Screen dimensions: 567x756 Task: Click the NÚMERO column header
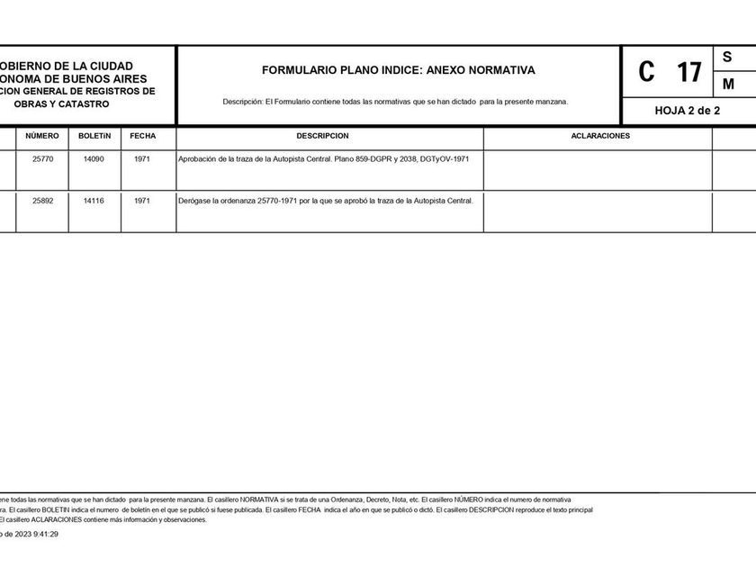point(42,136)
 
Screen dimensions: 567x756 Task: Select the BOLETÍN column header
point(94,136)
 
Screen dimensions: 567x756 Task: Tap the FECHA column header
point(142,136)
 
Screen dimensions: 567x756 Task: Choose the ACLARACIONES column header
point(600,136)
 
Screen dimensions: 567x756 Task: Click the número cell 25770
point(42,158)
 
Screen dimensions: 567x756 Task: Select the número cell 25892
point(42,201)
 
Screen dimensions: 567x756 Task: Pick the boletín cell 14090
point(94,158)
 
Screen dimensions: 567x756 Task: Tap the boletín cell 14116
point(94,201)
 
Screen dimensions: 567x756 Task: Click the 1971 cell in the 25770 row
point(142,158)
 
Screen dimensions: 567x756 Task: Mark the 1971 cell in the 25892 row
point(142,201)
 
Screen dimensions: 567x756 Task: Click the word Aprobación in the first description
point(200,158)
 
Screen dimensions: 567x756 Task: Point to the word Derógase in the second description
point(197,201)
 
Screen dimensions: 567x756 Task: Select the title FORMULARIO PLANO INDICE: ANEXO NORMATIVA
point(398,69)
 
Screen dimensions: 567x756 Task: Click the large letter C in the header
point(646,72)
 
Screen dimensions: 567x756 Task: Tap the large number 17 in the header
point(688,72)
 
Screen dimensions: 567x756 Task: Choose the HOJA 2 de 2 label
point(688,110)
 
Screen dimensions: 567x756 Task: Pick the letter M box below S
point(728,84)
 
